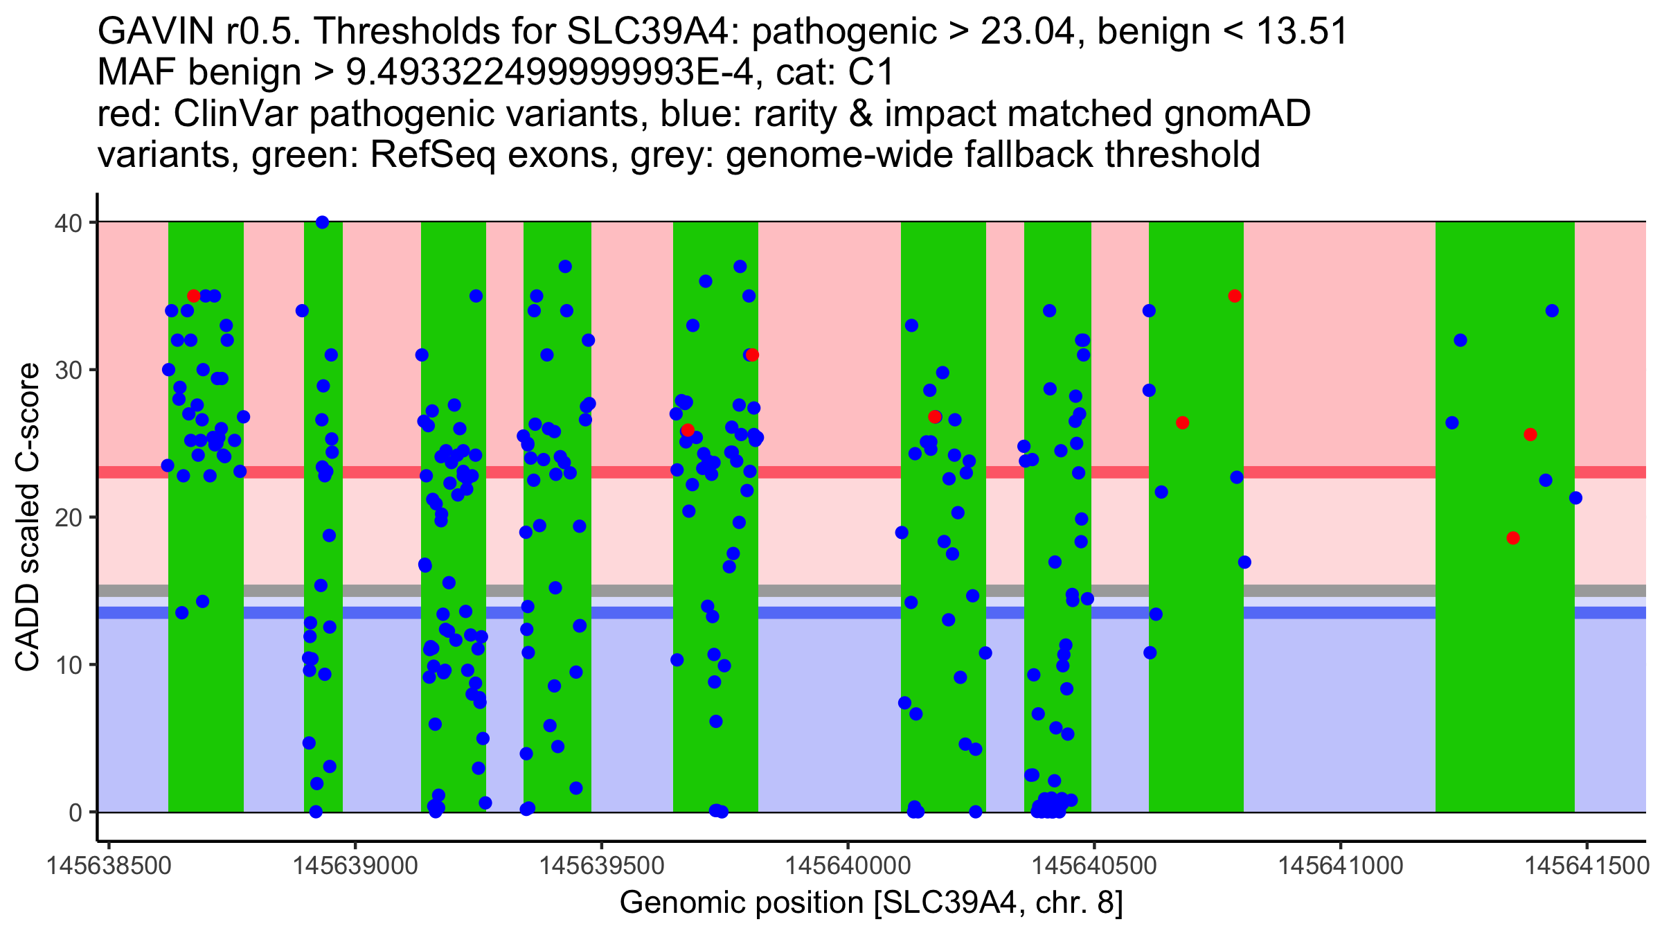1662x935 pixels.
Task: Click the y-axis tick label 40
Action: tap(68, 223)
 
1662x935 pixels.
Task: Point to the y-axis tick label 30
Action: tap(68, 371)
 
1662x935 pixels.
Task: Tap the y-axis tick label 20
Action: tap(68, 518)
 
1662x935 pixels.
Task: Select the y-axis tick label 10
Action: tap(68, 665)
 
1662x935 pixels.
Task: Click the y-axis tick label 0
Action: tap(75, 812)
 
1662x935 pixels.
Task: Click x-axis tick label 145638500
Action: tap(109, 866)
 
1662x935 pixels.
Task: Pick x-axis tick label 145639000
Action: tap(355, 866)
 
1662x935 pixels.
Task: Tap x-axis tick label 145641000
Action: tap(1341, 866)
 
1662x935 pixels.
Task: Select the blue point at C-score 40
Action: tap(322, 222)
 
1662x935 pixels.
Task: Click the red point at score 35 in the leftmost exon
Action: tap(194, 296)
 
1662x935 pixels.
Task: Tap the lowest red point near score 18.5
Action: tap(1513, 538)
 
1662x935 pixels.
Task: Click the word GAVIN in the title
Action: tap(156, 31)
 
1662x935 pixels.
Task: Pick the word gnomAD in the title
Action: tap(1237, 114)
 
